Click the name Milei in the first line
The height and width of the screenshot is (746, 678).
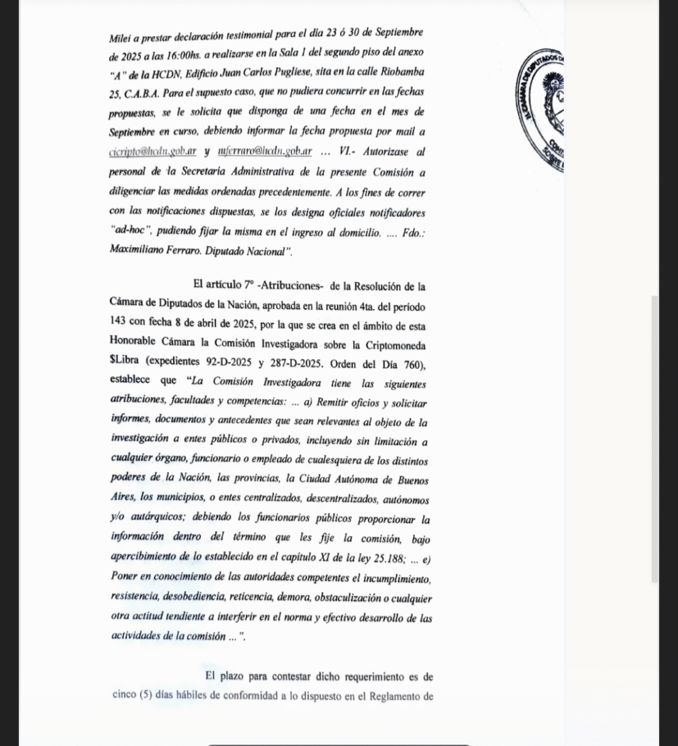point(121,34)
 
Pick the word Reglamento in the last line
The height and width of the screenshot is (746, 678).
point(406,696)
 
